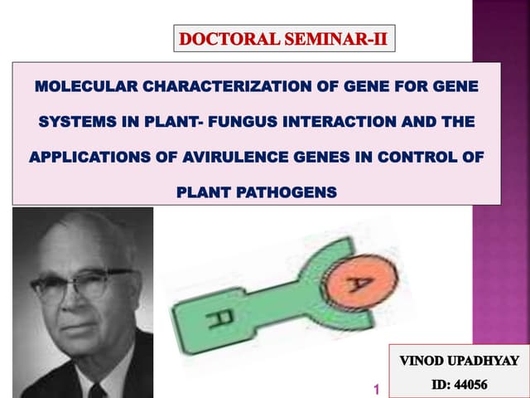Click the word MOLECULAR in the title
(x=79, y=86)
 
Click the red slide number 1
(x=376, y=389)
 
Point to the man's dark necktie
(x=97, y=389)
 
